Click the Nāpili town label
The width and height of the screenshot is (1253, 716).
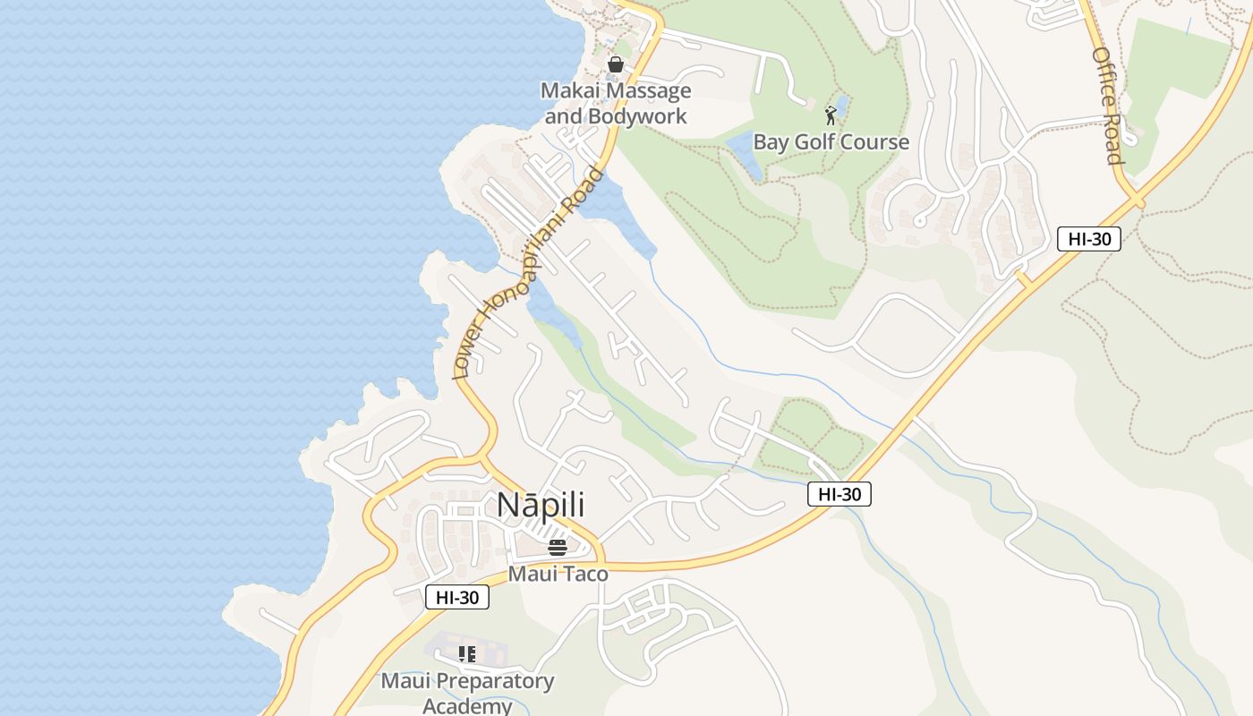541,505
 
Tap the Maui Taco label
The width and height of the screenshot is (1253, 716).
558,574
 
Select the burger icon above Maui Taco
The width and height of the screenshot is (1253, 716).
558,548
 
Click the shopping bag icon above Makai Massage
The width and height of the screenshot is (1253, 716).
615,64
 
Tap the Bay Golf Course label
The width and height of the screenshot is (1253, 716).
831,142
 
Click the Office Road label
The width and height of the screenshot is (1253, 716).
1107,106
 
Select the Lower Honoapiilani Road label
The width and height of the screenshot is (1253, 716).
528,274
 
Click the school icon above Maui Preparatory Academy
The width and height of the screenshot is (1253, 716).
466,654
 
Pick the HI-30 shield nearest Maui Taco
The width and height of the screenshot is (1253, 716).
457,597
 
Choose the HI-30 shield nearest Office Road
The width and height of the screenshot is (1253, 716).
1088,239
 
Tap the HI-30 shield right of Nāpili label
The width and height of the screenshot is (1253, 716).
839,493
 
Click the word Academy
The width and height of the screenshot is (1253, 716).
466,706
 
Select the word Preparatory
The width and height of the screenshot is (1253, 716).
496,681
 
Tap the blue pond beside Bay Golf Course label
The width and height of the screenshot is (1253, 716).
745,152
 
